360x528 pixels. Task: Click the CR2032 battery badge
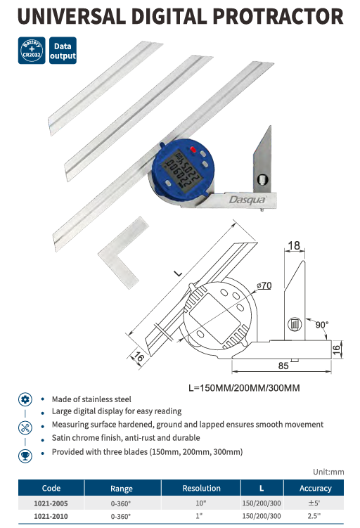32,51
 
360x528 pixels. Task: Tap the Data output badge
63,51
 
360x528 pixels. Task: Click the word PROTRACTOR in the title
278,16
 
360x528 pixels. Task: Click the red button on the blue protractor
193,150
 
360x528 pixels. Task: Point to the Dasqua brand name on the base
247,200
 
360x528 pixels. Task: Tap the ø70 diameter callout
264,285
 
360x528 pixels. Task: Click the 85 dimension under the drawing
283,366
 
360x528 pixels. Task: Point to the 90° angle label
321,325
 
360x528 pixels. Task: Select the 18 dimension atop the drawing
294,245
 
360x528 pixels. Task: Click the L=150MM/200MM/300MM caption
244,388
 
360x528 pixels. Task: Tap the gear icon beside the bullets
25,400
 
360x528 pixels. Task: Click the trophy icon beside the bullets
25,456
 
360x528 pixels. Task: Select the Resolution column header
201,488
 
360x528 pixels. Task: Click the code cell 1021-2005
51,503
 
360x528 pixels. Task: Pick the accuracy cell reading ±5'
314,503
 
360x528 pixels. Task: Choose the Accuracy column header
316,488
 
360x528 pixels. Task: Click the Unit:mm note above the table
328,472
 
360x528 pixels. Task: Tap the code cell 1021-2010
51,516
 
